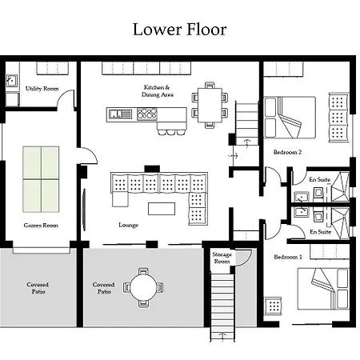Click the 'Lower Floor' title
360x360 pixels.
[x=179, y=30]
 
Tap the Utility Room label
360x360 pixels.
[x=42, y=89]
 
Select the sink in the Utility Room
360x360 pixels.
[x=12, y=80]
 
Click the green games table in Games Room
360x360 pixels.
[x=41, y=179]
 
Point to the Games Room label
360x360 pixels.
[x=41, y=226]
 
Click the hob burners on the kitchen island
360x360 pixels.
[x=147, y=114]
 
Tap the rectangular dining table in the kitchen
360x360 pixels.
[x=210, y=105]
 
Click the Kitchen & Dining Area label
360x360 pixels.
[x=158, y=91]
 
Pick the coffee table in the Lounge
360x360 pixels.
[x=162, y=209]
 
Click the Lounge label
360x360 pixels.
[x=128, y=225]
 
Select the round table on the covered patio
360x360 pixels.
[x=143, y=288]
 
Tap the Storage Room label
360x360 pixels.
[x=222, y=258]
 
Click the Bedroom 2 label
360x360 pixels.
[x=287, y=152]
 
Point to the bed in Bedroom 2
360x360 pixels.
[x=290, y=118]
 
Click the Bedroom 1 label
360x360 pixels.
[x=288, y=257]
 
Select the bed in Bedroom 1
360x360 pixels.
[x=323, y=289]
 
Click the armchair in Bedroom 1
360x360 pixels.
[x=273, y=306]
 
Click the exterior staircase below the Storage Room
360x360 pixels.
[x=222, y=306]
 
